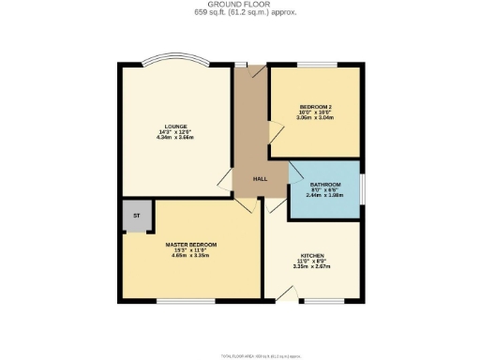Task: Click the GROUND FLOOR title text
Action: click(239, 5)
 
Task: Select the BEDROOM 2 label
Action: click(315, 108)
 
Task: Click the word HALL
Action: click(261, 178)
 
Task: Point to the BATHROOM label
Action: click(323, 185)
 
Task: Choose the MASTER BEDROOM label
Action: click(190, 245)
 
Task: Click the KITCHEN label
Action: click(312, 255)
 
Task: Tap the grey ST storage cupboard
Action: click(136, 216)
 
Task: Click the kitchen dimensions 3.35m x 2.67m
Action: click(312, 266)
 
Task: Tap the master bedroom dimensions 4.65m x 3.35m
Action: click(190, 256)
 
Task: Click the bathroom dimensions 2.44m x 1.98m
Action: click(323, 196)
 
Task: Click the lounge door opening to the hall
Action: click(225, 183)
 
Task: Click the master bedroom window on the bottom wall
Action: click(175, 301)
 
